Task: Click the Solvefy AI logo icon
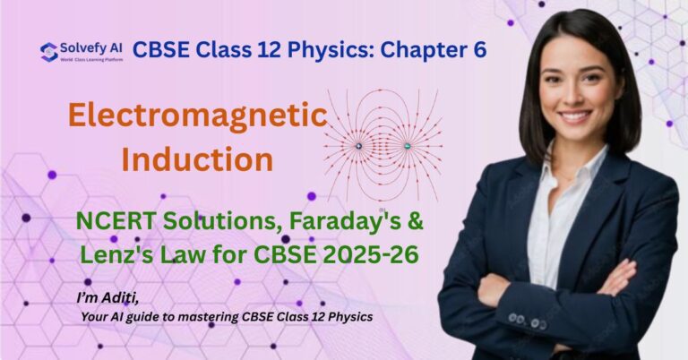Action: pos(49,51)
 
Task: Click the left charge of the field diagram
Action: pos(358,146)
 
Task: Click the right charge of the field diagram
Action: pos(407,146)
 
